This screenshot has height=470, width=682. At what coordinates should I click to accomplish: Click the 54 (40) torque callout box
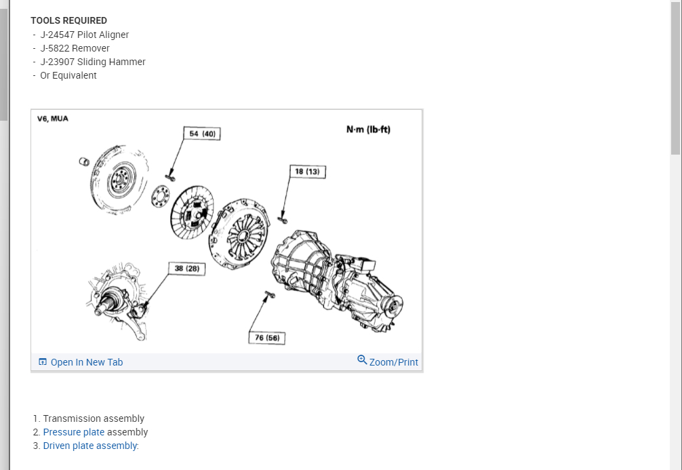click(202, 134)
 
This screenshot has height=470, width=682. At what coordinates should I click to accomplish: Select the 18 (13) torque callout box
click(308, 172)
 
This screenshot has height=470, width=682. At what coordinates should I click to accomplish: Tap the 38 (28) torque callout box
click(187, 269)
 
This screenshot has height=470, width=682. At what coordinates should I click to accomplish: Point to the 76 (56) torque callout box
click(267, 338)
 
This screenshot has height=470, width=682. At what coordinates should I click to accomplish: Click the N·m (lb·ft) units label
click(368, 130)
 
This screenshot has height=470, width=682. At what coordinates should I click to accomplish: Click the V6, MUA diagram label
click(53, 119)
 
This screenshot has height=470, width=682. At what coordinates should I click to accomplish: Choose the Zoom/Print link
click(388, 361)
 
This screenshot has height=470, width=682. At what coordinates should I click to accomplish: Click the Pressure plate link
click(73, 432)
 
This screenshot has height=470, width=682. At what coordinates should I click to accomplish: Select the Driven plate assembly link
click(90, 446)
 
